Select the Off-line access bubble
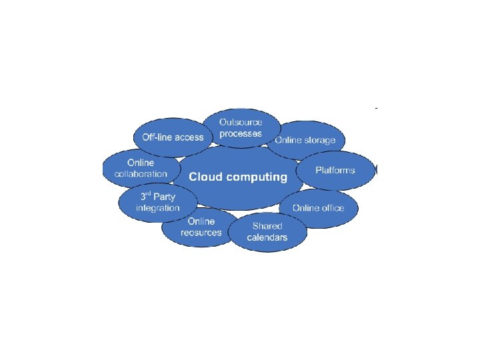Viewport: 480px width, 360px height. (x=173, y=137)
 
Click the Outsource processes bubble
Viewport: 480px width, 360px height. (x=241, y=127)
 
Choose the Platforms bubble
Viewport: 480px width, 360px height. (x=335, y=170)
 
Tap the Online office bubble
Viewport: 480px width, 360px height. (x=319, y=208)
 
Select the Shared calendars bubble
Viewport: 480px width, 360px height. (x=267, y=232)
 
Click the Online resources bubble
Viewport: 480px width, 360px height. (x=200, y=227)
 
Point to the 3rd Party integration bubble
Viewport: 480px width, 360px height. (x=157, y=203)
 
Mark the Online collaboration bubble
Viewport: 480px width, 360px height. (x=141, y=168)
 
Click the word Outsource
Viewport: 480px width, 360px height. (x=241, y=122)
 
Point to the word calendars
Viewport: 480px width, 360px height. (x=267, y=238)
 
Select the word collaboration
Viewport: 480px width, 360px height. (x=141, y=174)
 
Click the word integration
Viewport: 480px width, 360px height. (x=157, y=208)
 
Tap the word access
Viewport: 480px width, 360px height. (x=189, y=137)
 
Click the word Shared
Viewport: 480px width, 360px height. (x=267, y=226)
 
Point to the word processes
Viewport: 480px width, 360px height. (x=241, y=133)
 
